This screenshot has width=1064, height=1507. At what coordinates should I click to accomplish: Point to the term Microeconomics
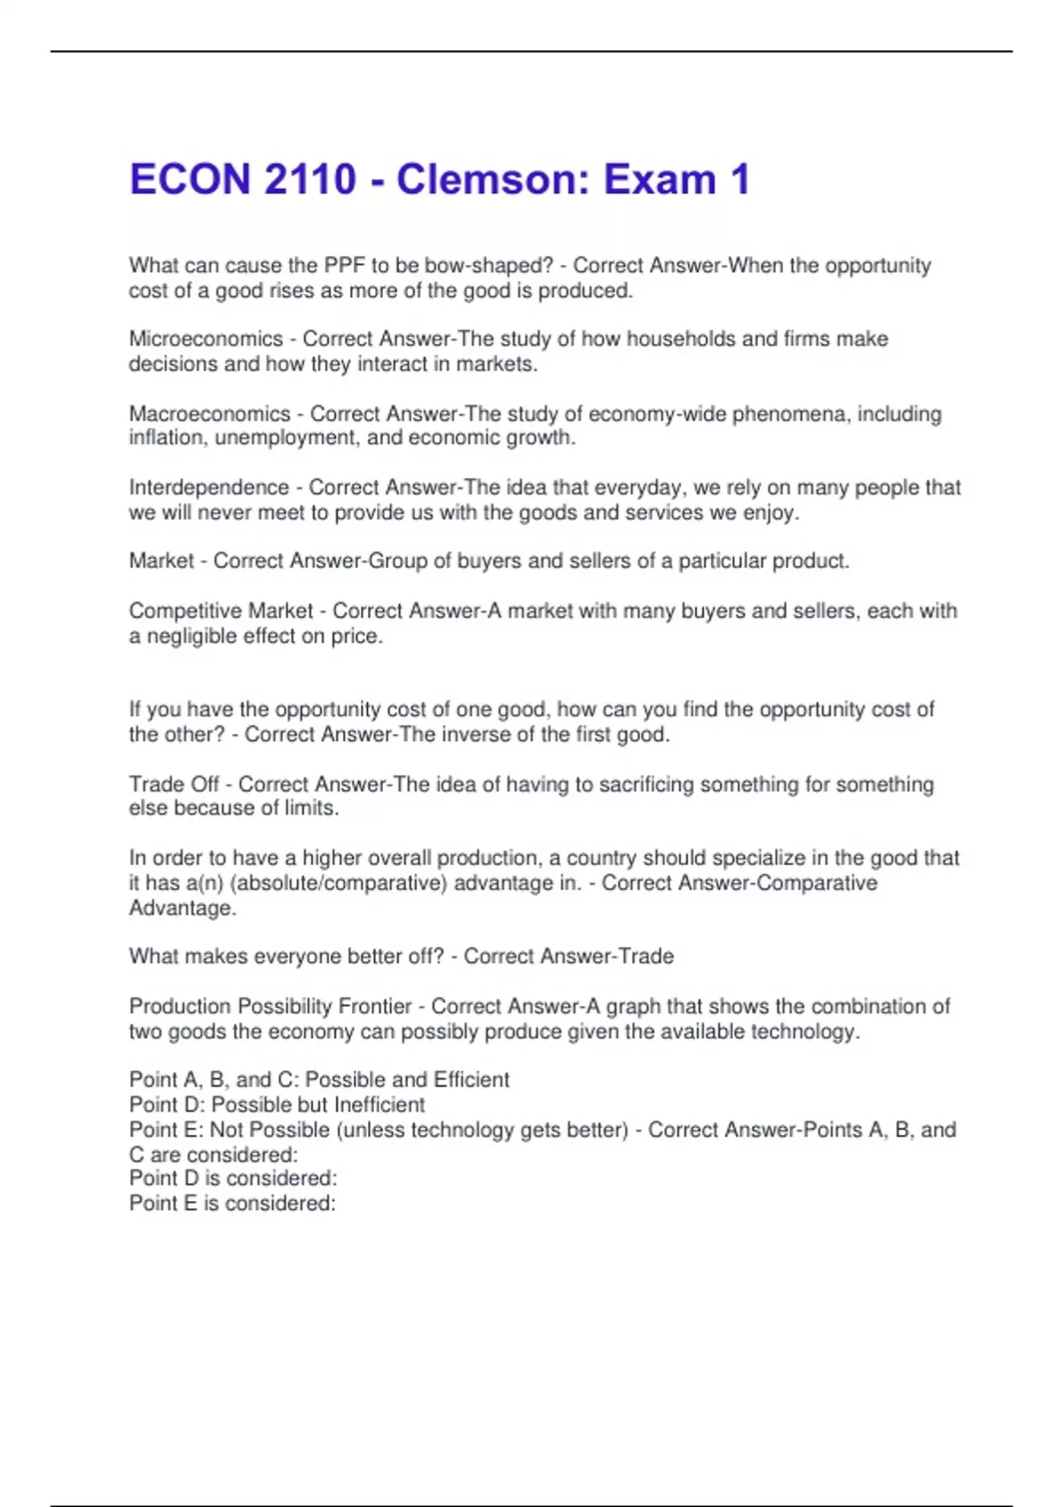[206, 339]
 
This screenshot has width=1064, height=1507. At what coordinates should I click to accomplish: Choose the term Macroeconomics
[209, 414]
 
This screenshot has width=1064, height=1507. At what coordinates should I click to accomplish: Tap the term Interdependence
[209, 488]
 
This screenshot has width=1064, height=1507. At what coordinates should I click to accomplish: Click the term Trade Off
[174, 785]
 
